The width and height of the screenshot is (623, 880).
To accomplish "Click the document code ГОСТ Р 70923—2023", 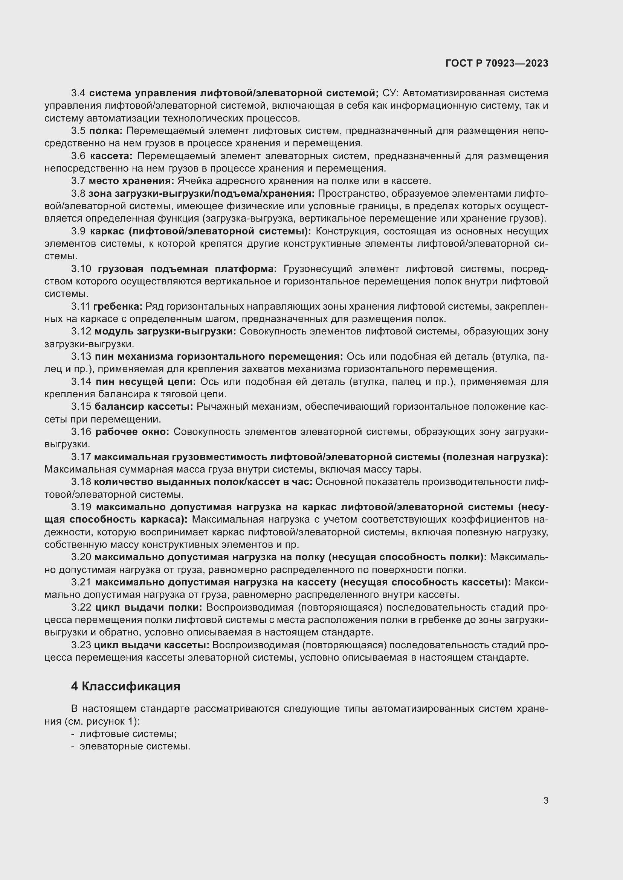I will [497, 64].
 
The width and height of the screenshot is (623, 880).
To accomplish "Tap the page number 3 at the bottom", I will [545, 801].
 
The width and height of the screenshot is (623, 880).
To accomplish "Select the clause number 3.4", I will [78, 93].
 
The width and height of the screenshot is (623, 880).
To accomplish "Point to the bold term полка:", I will [105, 131].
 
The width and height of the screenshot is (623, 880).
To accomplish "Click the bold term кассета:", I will [111, 156].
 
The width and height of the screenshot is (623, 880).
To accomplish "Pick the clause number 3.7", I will [78, 181].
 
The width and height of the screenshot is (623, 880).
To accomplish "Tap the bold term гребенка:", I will [118, 307].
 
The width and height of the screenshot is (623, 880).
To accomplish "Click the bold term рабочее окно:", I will [132, 432].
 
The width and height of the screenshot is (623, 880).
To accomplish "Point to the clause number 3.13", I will [81, 357].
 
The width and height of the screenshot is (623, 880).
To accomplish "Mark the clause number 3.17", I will [81, 457].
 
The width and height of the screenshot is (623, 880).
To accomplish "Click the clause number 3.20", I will [81, 557].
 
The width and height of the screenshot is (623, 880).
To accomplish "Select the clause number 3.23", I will [81, 645].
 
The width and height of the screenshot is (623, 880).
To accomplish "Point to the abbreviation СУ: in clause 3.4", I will [391, 93].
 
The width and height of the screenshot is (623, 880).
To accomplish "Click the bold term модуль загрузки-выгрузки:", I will [165, 331].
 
